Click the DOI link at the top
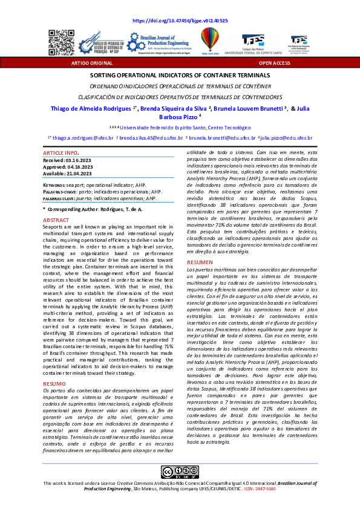[180, 21]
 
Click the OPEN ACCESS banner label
[274, 62]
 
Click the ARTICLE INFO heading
[61, 154]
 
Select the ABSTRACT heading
[56, 221]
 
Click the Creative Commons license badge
[180, 472]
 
